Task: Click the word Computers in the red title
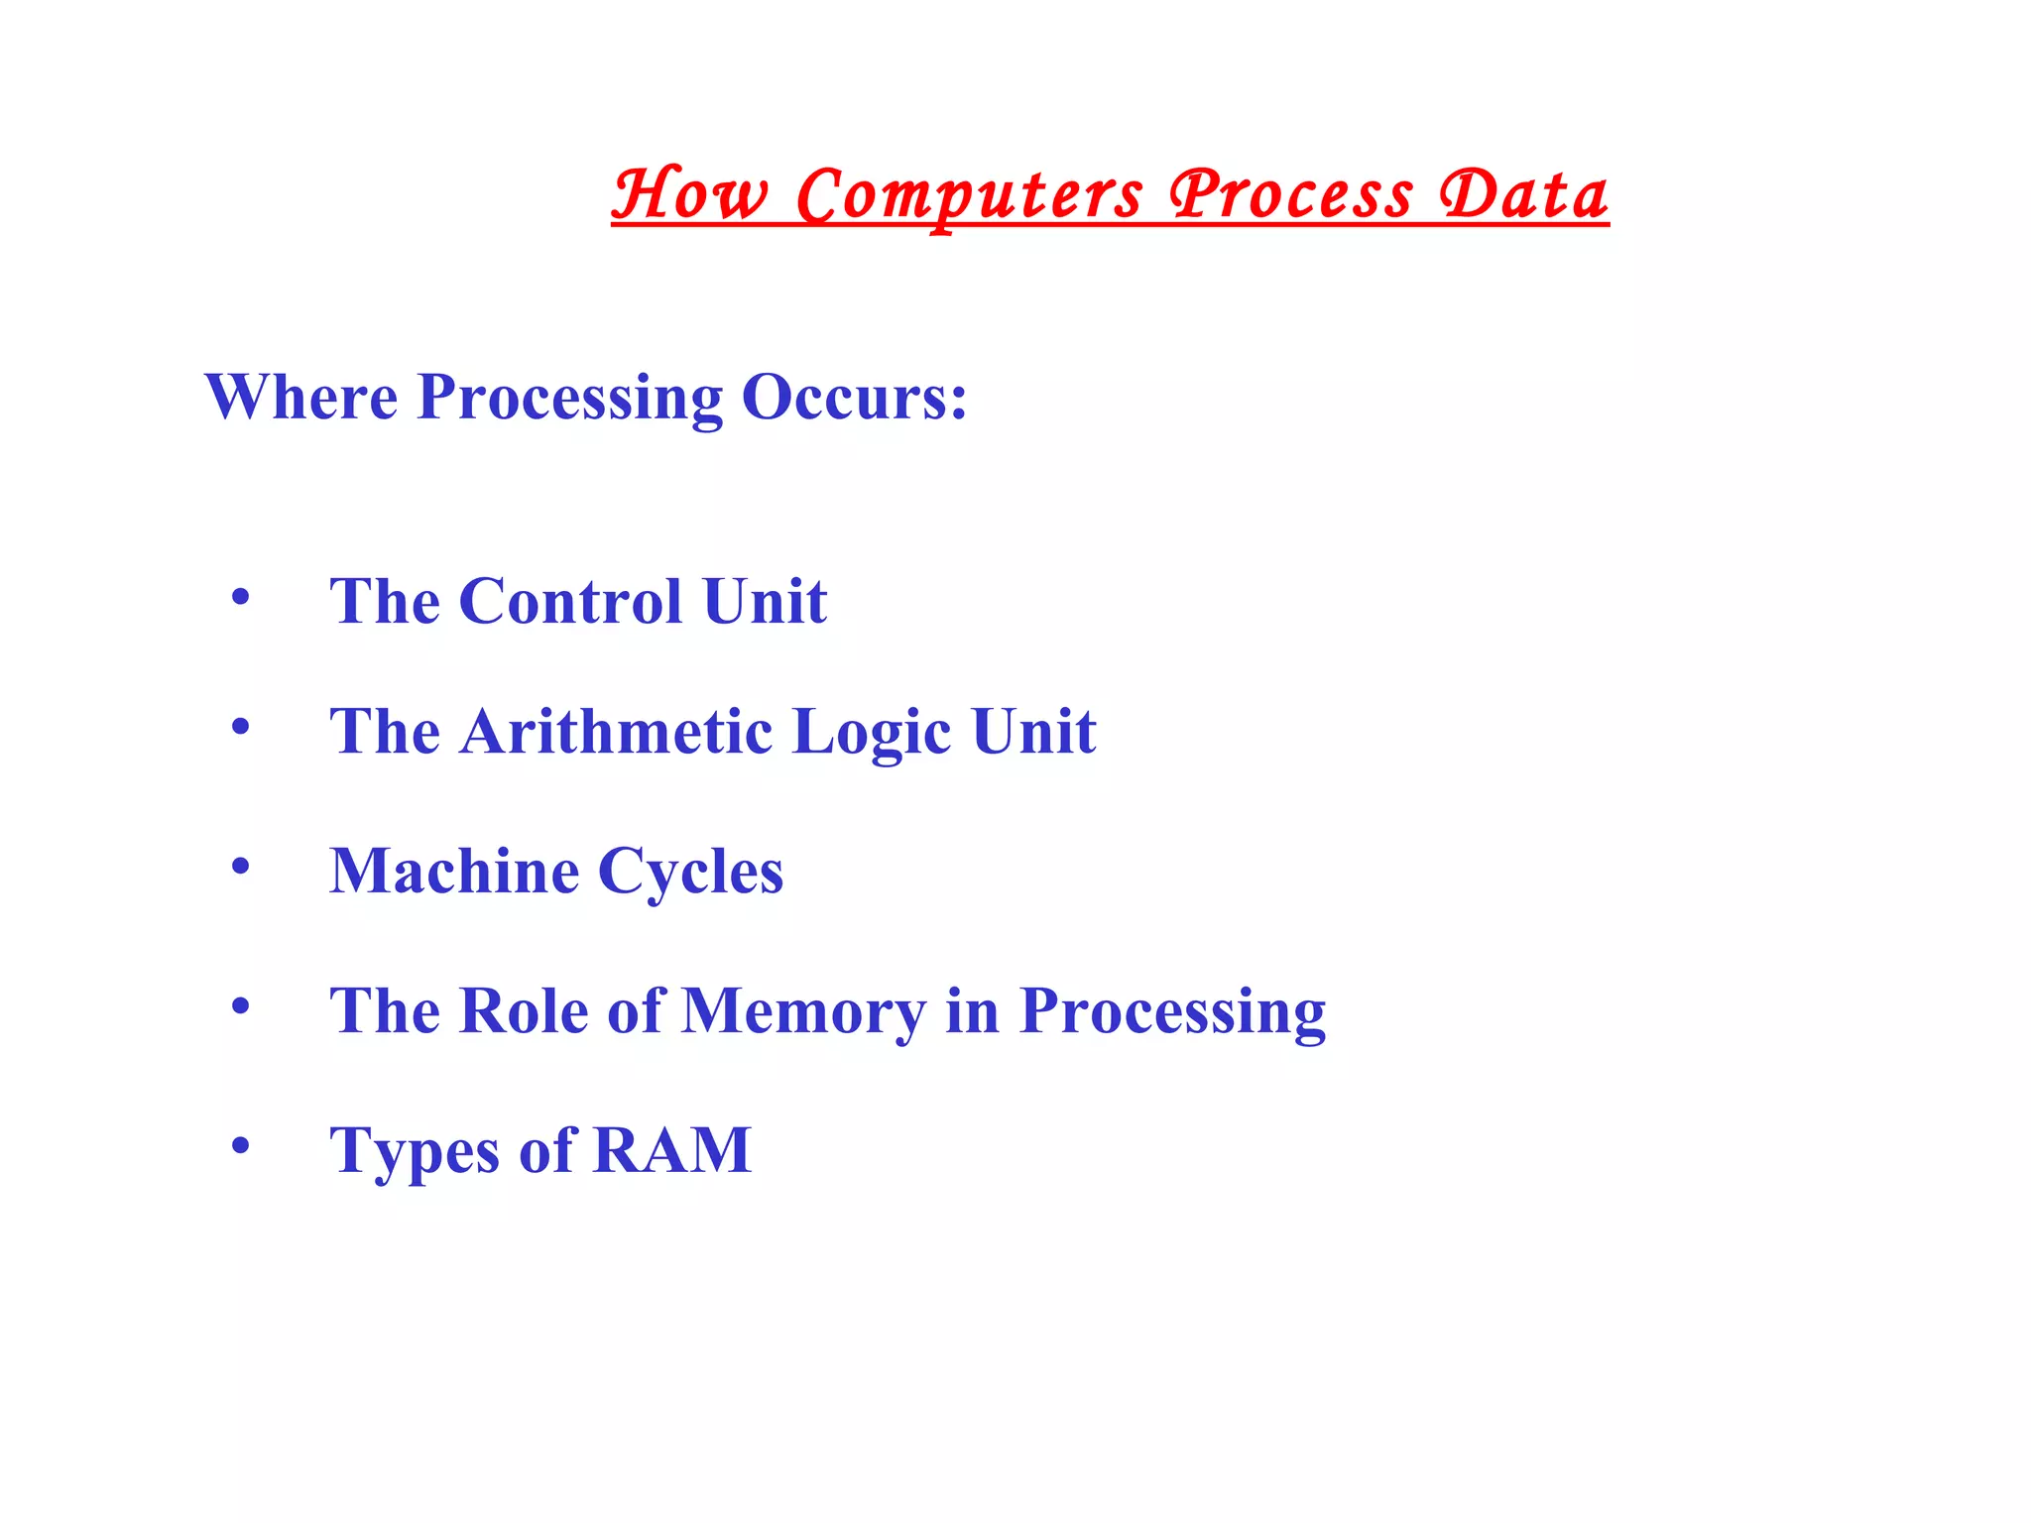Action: point(969,194)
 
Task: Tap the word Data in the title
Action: point(1523,194)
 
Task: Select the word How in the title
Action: point(689,194)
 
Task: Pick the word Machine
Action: point(454,871)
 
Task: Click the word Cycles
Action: point(690,873)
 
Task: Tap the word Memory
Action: point(804,1012)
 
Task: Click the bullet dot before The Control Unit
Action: point(240,598)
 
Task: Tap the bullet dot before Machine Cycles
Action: point(240,868)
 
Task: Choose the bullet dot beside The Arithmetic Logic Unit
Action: point(240,728)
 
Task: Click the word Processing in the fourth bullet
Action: point(1172,1012)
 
